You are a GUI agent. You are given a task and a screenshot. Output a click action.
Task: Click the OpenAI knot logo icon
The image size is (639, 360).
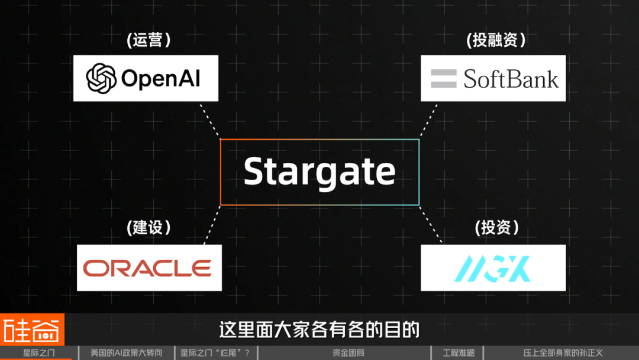(101, 78)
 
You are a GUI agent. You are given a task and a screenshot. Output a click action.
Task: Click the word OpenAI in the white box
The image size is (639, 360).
(160, 78)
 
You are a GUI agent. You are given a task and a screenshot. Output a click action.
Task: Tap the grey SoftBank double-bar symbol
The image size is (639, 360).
(444, 79)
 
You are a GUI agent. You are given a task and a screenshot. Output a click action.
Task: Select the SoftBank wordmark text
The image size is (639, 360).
(511, 79)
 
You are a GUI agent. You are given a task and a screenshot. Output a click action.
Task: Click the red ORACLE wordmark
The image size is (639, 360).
(147, 268)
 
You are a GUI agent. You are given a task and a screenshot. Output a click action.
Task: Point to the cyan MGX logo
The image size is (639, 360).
(492, 268)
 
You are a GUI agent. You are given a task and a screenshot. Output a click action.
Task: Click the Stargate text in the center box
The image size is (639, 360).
(319, 172)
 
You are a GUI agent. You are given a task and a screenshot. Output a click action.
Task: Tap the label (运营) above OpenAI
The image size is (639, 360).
(149, 40)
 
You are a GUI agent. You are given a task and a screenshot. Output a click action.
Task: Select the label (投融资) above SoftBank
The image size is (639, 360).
(496, 40)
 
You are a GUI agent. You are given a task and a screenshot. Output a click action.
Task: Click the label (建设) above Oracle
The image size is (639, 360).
(149, 227)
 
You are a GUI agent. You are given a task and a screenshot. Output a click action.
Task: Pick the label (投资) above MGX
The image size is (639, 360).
(497, 227)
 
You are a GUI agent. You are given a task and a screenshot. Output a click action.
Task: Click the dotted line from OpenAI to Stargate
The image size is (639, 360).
(209, 120)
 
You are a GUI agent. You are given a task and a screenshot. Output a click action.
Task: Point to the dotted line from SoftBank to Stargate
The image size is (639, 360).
(429, 120)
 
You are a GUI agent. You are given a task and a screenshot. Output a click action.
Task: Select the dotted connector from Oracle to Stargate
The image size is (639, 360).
(212, 225)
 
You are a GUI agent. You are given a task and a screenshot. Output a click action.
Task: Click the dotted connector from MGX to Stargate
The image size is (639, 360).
(431, 224)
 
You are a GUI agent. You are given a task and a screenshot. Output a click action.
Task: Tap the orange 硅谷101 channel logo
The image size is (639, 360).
(32, 329)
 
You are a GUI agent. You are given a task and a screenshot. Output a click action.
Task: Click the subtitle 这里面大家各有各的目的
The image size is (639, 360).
(319, 329)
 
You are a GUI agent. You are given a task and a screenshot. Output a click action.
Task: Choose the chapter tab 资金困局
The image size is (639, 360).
(348, 353)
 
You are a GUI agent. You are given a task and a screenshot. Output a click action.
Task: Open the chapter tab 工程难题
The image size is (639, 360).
(459, 353)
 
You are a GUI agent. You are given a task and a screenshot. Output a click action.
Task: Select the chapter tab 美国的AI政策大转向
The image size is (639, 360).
(127, 353)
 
